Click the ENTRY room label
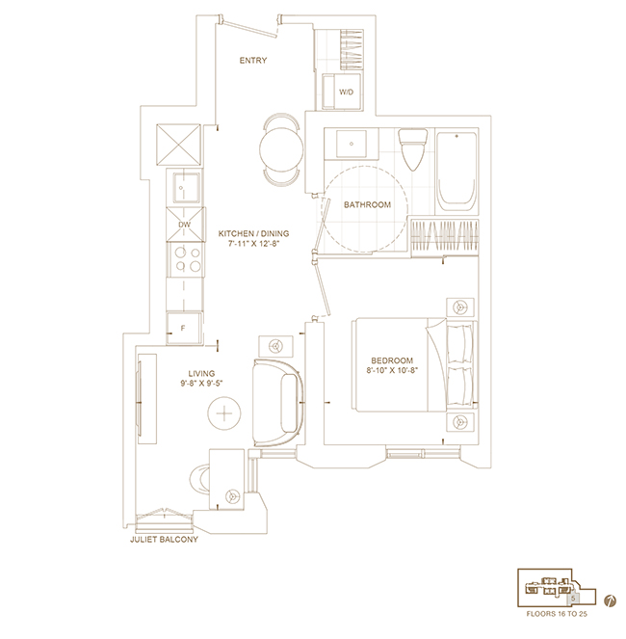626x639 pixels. [x=253, y=61]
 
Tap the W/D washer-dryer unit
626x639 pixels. [x=341, y=92]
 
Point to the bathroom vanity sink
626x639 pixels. [x=352, y=144]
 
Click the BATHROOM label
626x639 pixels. [x=367, y=204]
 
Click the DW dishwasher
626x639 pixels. [x=185, y=225]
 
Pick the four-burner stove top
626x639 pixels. [x=185, y=259]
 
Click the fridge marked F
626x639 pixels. [x=185, y=328]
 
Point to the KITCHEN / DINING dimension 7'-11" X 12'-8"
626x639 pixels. [x=253, y=244]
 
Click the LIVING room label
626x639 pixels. [x=201, y=373]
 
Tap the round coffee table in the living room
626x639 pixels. [x=224, y=413]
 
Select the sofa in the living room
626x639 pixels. [x=278, y=403]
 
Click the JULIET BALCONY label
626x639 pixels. [x=164, y=539]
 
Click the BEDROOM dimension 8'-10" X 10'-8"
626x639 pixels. [x=392, y=370]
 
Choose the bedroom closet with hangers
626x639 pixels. [x=444, y=237]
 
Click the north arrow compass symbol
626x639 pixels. [x=611, y=600]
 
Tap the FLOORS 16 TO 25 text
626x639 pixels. [x=557, y=614]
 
